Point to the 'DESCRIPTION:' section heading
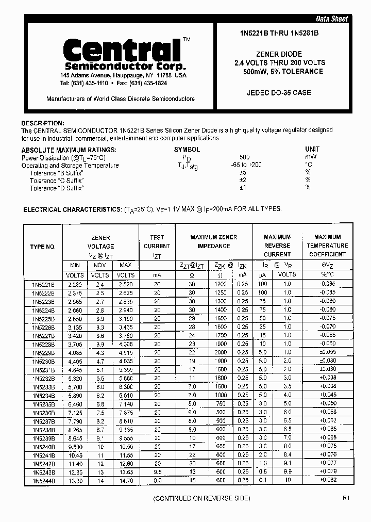coord(43,123)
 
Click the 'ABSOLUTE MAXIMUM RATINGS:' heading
coord(69,150)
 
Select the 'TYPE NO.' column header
coord(43,247)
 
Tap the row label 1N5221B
coord(43,284)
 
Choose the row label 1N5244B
coord(43,481)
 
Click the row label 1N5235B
coord(43,404)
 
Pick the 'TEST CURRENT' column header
coord(157,246)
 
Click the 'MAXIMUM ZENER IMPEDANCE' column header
coord(214,241)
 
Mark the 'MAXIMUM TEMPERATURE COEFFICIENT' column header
coord(327,246)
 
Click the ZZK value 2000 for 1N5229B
coord(221,352)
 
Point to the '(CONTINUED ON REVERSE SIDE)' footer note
coord(201,498)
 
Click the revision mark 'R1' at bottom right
coord(346,498)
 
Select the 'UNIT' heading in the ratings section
coord(312,150)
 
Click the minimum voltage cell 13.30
coord(75,481)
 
